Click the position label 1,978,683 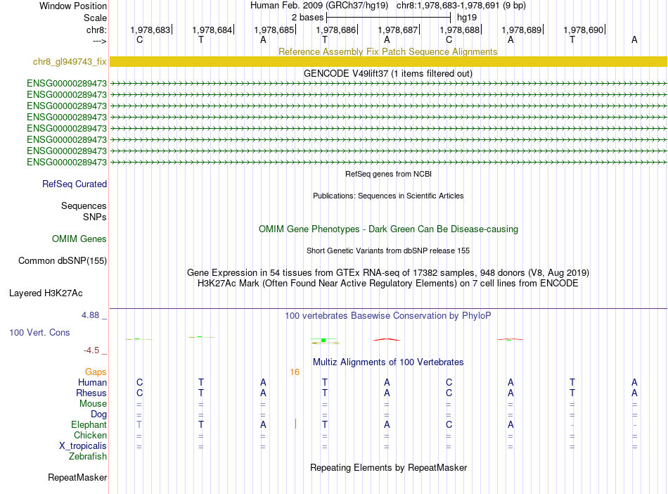pyautogui.click(x=150, y=30)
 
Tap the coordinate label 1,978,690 pyautogui.click(x=584, y=30)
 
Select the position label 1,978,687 pyautogui.click(x=398, y=30)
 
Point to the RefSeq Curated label pyautogui.click(x=75, y=184)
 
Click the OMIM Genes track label pyautogui.click(x=79, y=239)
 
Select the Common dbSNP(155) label pyautogui.click(x=63, y=261)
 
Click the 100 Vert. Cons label pyautogui.click(x=40, y=332)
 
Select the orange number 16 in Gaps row pyautogui.click(x=294, y=372)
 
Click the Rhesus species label pyautogui.click(x=92, y=393)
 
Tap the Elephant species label pyautogui.click(x=89, y=425)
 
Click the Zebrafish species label pyautogui.click(x=88, y=457)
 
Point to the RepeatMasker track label pyautogui.click(x=77, y=478)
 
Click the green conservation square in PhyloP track pyautogui.click(x=323, y=340)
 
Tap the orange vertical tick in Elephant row pyautogui.click(x=295, y=424)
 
